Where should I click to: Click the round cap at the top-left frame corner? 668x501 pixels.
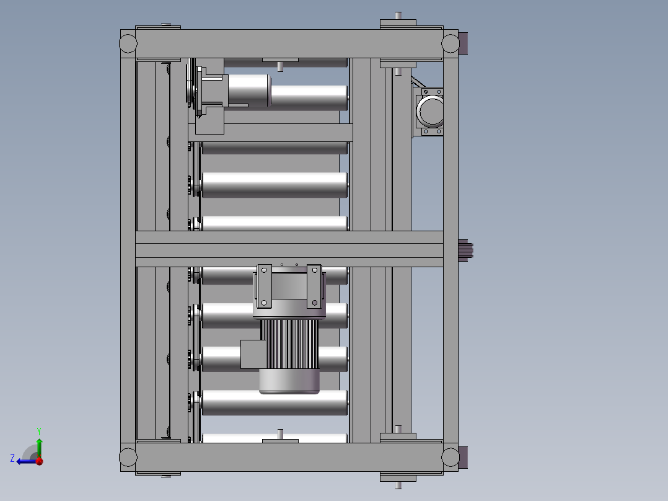(x=128, y=43)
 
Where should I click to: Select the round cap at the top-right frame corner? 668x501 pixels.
(x=450, y=43)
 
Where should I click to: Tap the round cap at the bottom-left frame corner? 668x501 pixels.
(x=128, y=457)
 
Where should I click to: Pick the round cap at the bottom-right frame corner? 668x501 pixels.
(x=450, y=457)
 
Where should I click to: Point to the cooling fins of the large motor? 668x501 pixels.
(x=289, y=344)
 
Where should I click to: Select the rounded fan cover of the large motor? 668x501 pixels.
(x=289, y=381)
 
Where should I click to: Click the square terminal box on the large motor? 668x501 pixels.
(x=253, y=354)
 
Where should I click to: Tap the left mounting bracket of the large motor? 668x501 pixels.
(x=265, y=286)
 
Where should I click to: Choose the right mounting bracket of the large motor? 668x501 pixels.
(x=315, y=286)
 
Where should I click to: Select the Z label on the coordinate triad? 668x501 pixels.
(x=12, y=458)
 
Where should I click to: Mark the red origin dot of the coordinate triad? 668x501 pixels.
(x=39, y=461)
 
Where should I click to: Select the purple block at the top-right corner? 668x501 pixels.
(x=464, y=42)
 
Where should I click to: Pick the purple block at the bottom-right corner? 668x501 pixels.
(x=464, y=458)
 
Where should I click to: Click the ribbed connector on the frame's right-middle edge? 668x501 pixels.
(x=466, y=249)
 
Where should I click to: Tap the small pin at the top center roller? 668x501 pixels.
(x=280, y=65)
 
